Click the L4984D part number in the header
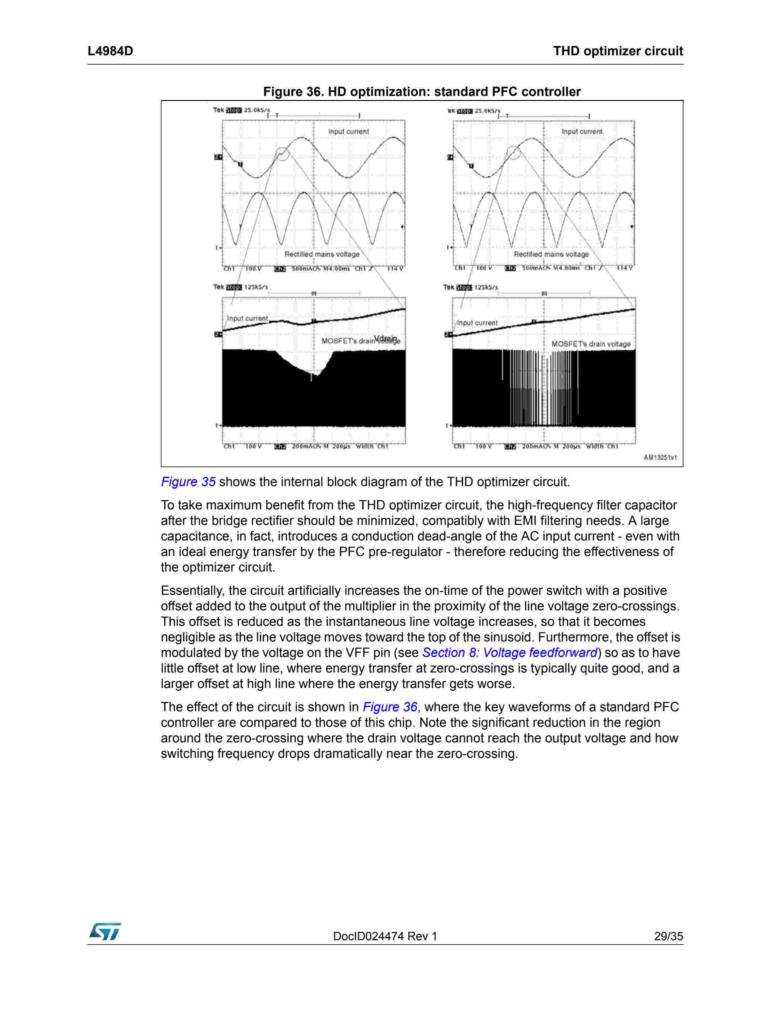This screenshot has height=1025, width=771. pyautogui.click(x=110, y=51)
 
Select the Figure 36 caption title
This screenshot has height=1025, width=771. pyautogui.click(x=422, y=92)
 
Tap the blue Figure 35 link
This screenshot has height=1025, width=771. pyautogui.click(x=188, y=482)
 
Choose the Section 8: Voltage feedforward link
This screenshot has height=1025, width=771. pyautogui.click(x=510, y=653)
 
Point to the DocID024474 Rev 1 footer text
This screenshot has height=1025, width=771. pyautogui.click(x=385, y=936)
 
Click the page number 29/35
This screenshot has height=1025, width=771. pyautogui.click(x=668, y=936)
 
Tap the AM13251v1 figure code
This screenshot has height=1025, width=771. pyautogui.click(x=660, y=457)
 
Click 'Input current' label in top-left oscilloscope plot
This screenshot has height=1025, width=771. pyautogui.click(x=348, y=132)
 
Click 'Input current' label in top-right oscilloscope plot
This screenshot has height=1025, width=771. pyautogui.click(x=582, y=132)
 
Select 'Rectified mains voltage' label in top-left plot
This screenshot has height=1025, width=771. pyautogui.click(x=322, y=254)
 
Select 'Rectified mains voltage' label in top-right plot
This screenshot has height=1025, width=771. pyautogui.click(x=551, y=254)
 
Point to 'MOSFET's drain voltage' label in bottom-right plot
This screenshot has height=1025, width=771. pyautogui.click(x=591, y=344)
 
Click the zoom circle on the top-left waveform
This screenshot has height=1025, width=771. pyautogui.click(x=282, y=153)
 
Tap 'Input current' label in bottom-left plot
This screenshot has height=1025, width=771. pyautogui.click(x=247, y=318)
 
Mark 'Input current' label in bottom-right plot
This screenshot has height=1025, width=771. pyautogui.click(x=477, y=323)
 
